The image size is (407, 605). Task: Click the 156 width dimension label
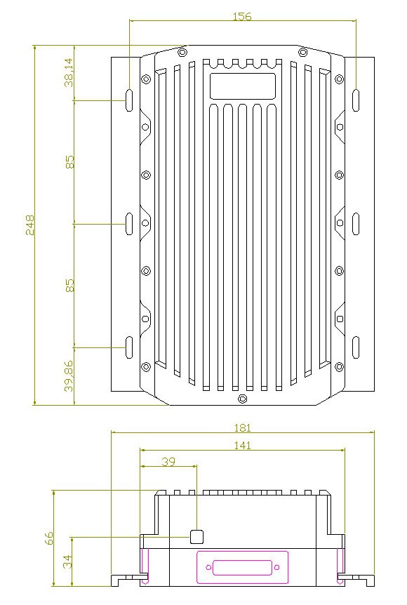[x=242, y=16]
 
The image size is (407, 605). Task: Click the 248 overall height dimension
[x=29, y=225]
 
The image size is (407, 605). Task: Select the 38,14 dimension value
[x=69, y=72]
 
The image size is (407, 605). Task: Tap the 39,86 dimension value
[x=69, y=375]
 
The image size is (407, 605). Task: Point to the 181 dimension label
[x=242, y=427]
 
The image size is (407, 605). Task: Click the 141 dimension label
[x=242, y=445]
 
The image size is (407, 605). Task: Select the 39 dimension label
[x=168, y=461]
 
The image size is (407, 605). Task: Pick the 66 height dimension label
[x=49, y=538]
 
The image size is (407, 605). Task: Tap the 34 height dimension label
[x=67, y=561]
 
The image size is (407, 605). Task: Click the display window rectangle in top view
[x=243, y=86]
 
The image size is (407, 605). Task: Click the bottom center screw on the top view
[x=243, y=399]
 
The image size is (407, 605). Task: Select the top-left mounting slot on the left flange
[x=129, y=100]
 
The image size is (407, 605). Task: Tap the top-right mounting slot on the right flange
[x=356, y=100]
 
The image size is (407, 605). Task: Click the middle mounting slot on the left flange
[x=129, y=223]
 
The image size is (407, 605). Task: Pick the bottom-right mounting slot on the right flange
[x=356, y=347]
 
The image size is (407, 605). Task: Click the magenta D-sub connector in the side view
[x=243, y=567]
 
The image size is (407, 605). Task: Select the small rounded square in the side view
[x=196, y=537]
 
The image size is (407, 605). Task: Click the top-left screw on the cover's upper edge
[x=182, y=52]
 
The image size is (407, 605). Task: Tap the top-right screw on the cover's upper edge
[x=303, y=52]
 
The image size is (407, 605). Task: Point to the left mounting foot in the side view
[x=129, y=580]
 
